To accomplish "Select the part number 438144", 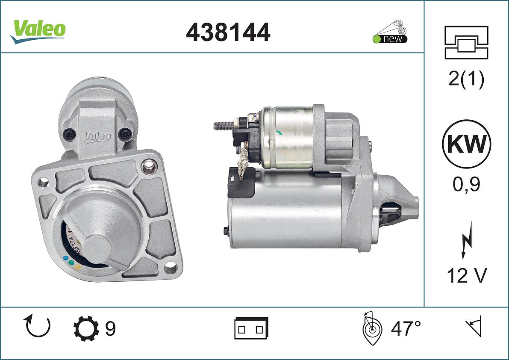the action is [x=228, y=32].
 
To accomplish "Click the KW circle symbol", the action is [x=466, y=144].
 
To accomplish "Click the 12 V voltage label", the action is [x=467, y=275].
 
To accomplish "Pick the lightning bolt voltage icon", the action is [x=467, y=240].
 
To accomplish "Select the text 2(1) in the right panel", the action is [x=466, y=78].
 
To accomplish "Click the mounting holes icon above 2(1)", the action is [x=466, y=42].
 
